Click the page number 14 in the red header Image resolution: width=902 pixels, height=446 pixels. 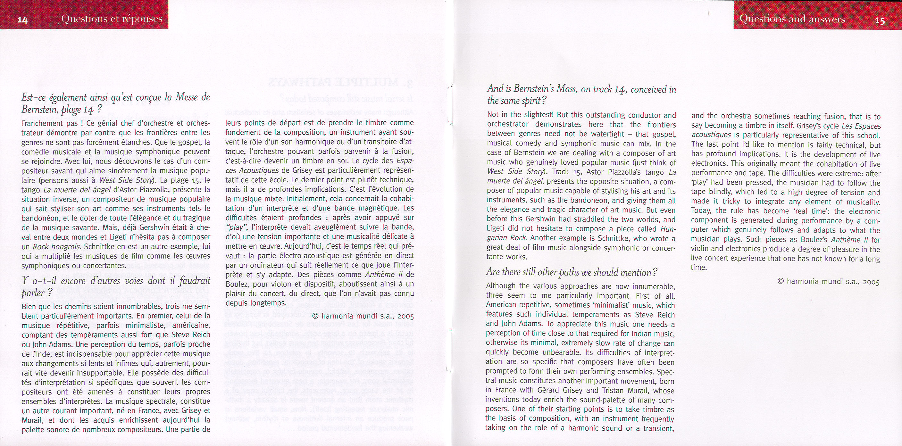pyautogui.click(x=22, y=20)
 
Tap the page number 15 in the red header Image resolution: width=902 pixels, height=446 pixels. pyautogui.click(x=880, y=20)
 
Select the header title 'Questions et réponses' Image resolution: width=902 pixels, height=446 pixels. pyautogui.click(x=112, y=19)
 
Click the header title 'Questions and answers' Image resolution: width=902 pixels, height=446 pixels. pyautogui.click(x=792, y=19)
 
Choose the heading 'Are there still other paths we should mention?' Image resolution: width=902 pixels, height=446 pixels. pyautogui.click(x=572, y=272)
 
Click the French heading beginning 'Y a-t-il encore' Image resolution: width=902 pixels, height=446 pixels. pyautogui.click(x=115, y=286)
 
